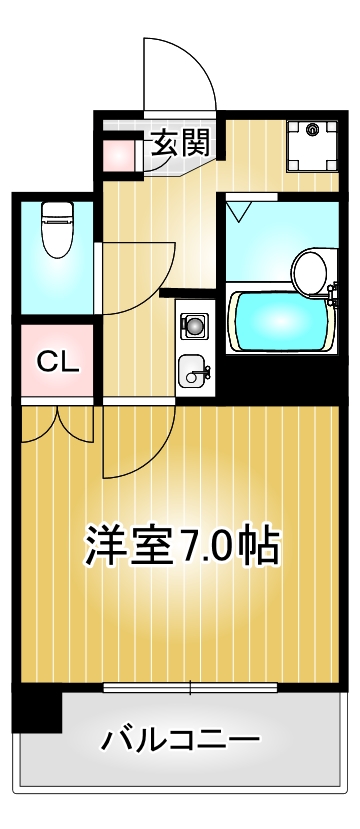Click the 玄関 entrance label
(x=181, y=143)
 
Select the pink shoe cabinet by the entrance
(x=120, y=152)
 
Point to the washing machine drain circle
(x=313, y=129)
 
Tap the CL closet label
(x=57, y=361)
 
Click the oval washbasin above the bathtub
(x=310, y=270)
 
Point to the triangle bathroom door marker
(x=238, y=210)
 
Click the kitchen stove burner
(x=193, y=325)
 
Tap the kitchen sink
(x=192, y=372)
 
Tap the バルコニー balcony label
(x=180, y=741)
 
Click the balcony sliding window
(x=190, y=688)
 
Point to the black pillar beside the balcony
(x=37, y=710)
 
